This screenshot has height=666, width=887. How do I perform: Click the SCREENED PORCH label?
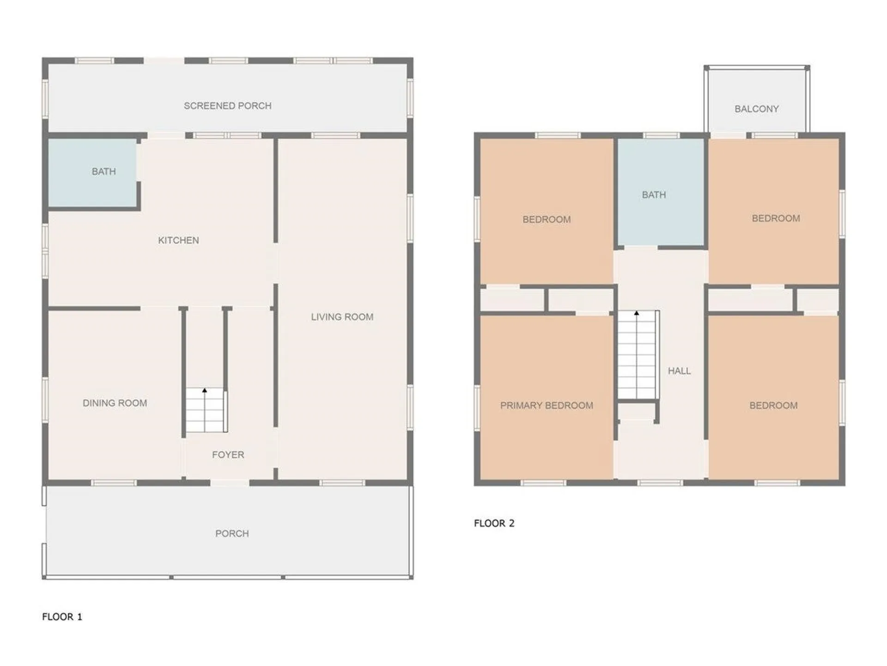tap(227, 106)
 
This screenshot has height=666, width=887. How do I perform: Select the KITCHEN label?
tap(178, 240)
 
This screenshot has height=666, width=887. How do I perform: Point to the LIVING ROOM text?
tap(342, 317)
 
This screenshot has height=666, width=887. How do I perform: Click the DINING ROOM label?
tap(115, 403)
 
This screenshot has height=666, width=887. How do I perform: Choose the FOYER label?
tap(228, 455)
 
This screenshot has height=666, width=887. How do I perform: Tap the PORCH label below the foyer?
tap(232, 534)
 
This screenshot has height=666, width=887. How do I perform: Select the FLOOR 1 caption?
tap(62, 617)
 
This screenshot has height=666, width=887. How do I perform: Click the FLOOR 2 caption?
tap(494, 524)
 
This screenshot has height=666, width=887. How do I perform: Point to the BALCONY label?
tap(756, 109)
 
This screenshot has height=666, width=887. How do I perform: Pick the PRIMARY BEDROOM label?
tap(547, 406)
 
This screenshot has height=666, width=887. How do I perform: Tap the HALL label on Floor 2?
tap(679, 371)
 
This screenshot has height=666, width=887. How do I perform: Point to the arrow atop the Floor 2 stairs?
tap(637, 314)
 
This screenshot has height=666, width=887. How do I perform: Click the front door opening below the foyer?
tap(230, 483)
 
